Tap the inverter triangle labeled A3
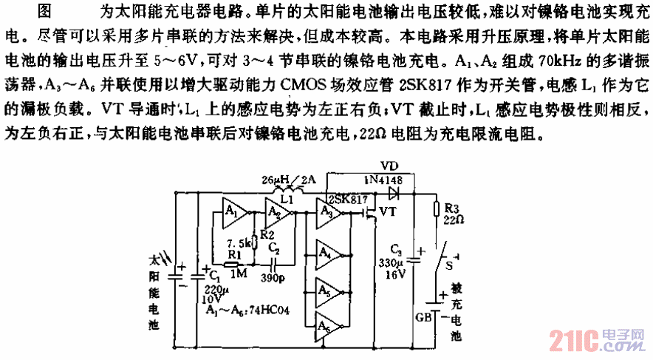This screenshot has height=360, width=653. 329,213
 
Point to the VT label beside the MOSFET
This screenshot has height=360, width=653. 389,212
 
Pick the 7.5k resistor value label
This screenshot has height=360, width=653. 239,242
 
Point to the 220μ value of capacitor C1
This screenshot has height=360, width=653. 211,287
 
